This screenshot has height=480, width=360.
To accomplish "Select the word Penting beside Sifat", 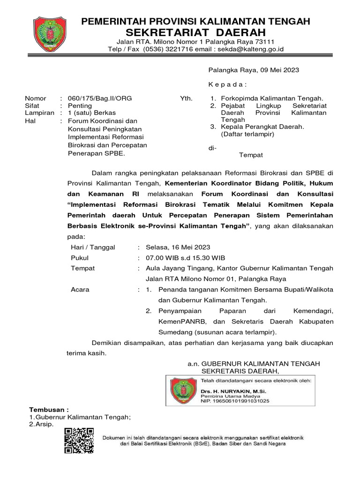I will click(79, 106).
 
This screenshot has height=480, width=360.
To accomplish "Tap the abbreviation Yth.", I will click(186, 98).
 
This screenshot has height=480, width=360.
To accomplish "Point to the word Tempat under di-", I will click(251, 155).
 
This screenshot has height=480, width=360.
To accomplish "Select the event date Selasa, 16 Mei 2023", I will click(178, 247).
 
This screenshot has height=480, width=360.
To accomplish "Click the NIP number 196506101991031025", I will click(235, 401).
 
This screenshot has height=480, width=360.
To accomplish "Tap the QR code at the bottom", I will click(79, 441).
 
